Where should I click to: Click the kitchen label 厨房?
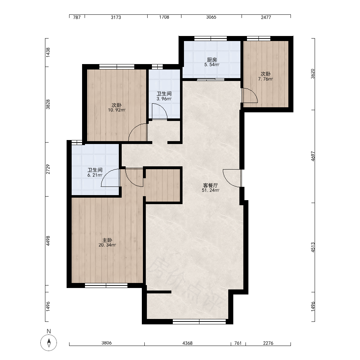tap(212, 60)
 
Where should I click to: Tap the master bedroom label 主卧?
tap(107, 240)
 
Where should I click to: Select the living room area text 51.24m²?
tap(211, 190)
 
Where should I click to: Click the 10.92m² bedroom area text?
tap(117, 110)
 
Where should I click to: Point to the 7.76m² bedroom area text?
tap(265, 79)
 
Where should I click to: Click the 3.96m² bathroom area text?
tap(164, 99)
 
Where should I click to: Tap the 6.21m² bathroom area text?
tap(95, 175)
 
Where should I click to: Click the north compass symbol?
tap(49, 343)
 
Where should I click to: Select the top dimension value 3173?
tap(116, 17)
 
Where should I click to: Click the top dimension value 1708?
tap(164, 17)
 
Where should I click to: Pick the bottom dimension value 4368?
tap(187, 343)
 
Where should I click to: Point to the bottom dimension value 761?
tap(238, 343)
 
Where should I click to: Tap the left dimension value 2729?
tap(48, 169)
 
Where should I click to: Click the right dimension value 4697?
tap(313, 156)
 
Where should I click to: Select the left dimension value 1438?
tap(48, 52)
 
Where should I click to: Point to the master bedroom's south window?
tap(106, 285)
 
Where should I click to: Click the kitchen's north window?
tap(211, 39)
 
